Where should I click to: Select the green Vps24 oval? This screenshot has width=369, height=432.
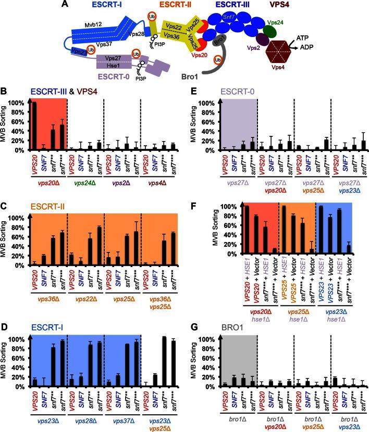[x=270, y=30]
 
